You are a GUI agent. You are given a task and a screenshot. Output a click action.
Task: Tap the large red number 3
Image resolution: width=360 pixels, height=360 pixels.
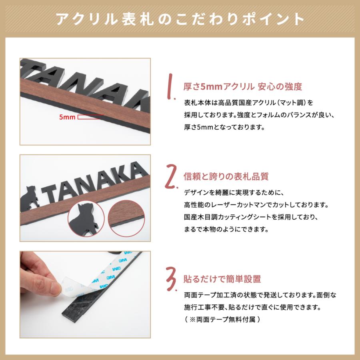pos(171,279)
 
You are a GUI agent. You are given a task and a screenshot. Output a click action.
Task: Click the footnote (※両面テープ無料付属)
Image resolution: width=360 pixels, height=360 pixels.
pos(223,320)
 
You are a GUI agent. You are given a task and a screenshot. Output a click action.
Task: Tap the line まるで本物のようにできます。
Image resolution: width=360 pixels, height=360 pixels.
pos(226,230)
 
